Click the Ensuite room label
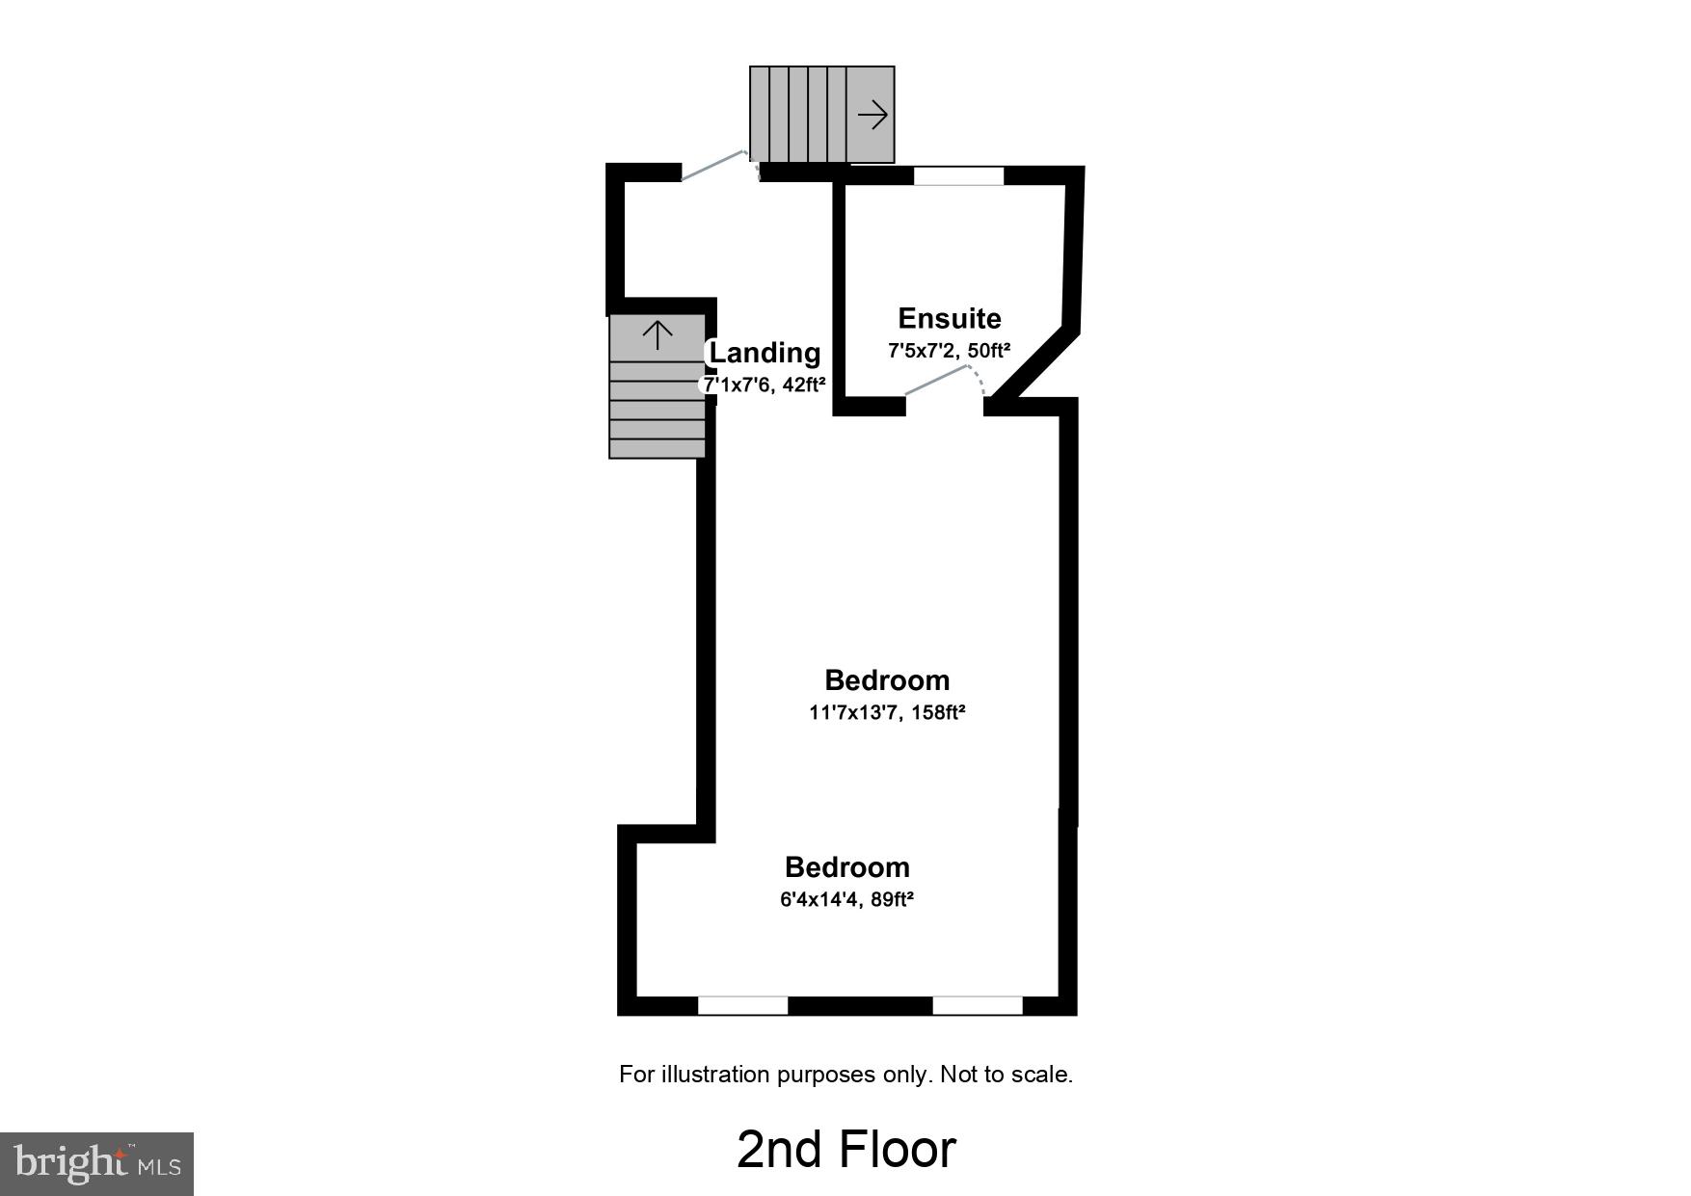[x=949, y=319]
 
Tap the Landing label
[x=765, y=353]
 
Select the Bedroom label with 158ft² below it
[x=887, y=680]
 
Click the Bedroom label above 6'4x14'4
[x=846, y=867]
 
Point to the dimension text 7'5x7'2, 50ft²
[x=949, y=351]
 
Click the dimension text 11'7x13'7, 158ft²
[x=887, y=713]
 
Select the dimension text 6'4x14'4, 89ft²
[x=846, y=900]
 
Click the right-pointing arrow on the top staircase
[x=872, y=116]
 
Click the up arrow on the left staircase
[x=658, y=335]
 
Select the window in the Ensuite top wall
[x=958, y=176]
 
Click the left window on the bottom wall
[x=742, y=1005]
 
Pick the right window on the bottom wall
[x=977, y=1005]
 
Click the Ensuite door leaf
[x=936, y=382]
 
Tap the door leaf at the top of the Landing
[x=712, y=165]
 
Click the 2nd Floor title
[x=845, y=1149]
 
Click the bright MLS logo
[x=96, y=1163]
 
